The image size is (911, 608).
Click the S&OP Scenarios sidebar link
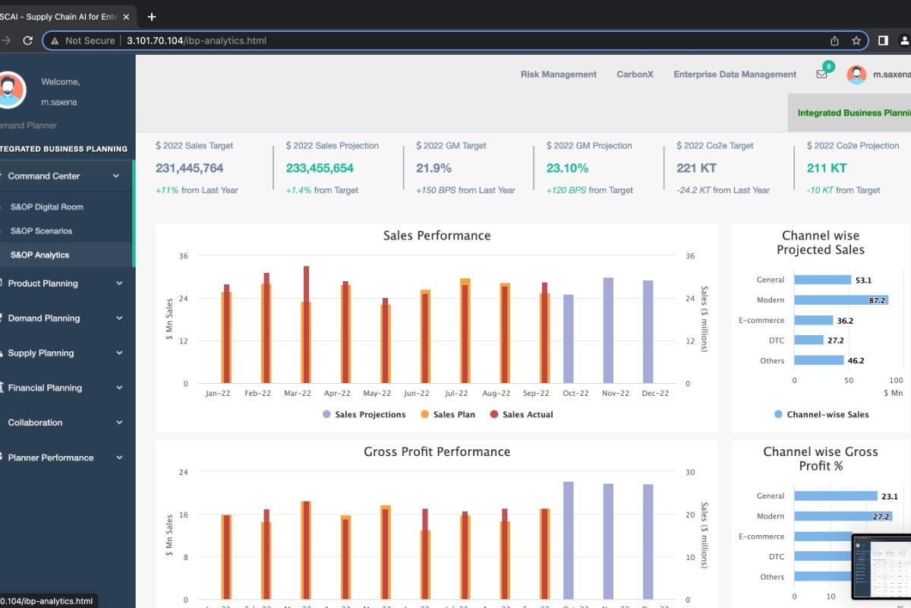[42, 231]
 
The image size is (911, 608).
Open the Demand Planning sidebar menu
[44, 318]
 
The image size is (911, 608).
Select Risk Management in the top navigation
[558, 74]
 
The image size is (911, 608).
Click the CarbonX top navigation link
[635, 74]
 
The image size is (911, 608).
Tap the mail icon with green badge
[821, 74]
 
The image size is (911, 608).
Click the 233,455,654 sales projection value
[320, 168]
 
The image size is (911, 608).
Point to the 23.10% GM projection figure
[567, 168]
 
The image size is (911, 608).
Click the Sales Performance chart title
[437, 236]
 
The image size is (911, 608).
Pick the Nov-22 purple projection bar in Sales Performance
[608, 331]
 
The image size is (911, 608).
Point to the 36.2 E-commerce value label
[845, 321]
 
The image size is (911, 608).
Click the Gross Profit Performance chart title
[437, 452]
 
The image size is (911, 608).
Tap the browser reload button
[28, 40]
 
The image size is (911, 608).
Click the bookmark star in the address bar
[856, 40]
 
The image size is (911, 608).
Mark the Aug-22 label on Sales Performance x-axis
[496, 394]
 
